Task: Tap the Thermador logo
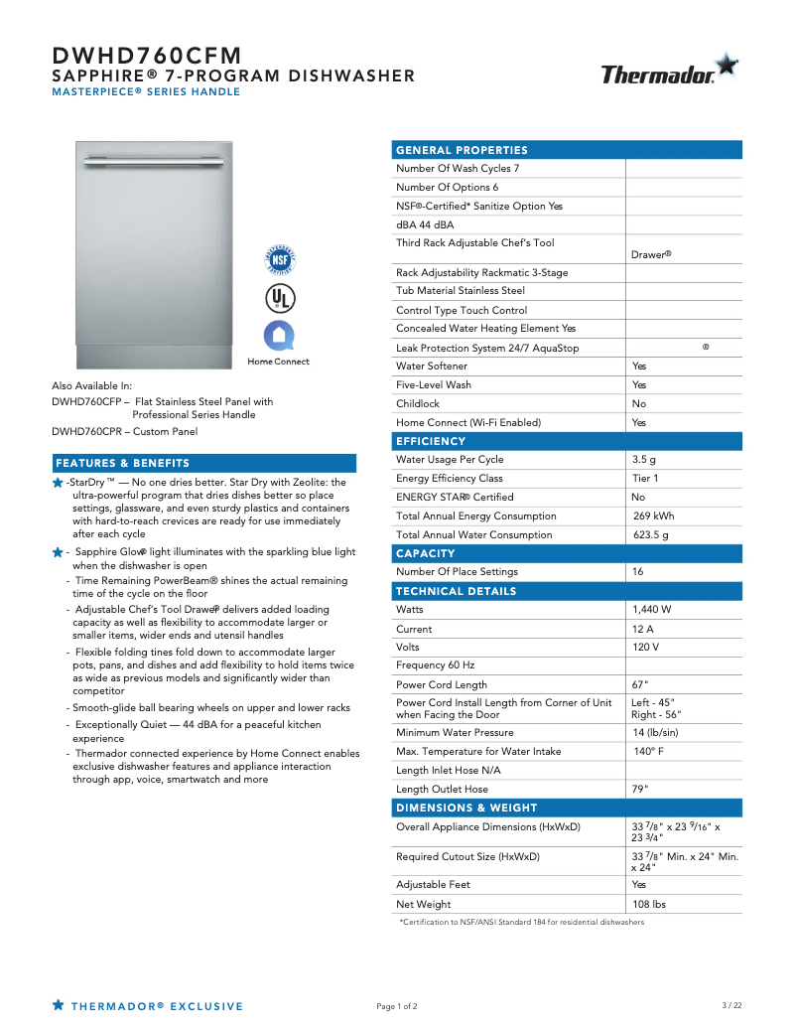(x=669, y=73)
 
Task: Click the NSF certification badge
(x=280, y=260)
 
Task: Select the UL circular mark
(x=280, y=297)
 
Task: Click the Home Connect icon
(x=279, y=335)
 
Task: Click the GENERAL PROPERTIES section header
(x=462, y=150)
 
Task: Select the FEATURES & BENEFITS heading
(x=122, y=463)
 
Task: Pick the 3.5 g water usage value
(x=644, y=460)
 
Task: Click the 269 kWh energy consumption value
(x=653, y=516)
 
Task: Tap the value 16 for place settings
(x=637, y=572)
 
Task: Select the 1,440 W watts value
(x=651, y=609)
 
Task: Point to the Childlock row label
(x=418, y=404)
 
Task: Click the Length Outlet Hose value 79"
(x=640, y=790)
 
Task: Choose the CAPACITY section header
(x=426, y=553)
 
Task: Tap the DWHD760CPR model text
(x=88, y=431)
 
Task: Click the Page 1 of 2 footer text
(x=397, y=1007)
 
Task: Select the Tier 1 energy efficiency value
(x=645, y=479)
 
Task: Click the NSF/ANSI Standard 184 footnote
(x=521, y=923)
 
